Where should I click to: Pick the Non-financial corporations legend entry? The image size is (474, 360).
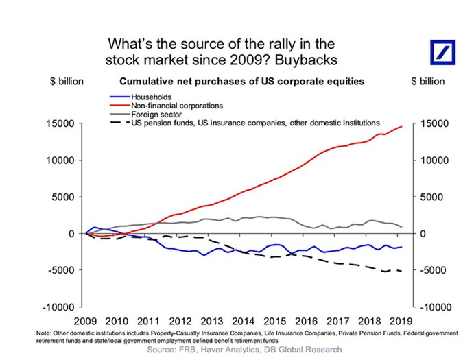pyautogui.click(x=171, y=106)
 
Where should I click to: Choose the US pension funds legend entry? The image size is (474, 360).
pyautogui.click(x=254, y=123)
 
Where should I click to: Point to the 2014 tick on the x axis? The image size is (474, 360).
pyautogui.click(x=243, y=320)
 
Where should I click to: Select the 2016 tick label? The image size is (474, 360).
pyautogui.click(x=307, y=320)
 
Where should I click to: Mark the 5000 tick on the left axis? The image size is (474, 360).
pyautogui.click(x=67, y=197)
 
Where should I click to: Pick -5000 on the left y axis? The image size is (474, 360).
pyautogui.click(x=65, y=270)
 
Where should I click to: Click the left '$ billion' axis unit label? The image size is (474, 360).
pyautogui.click(x=67, y=82)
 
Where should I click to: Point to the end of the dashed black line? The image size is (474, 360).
pyautogui.click(x=402, y=271)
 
